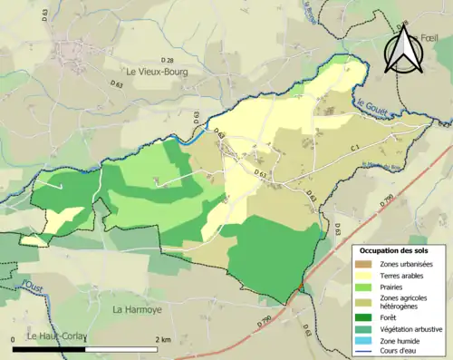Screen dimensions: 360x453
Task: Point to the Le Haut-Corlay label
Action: click(x=56, y=336)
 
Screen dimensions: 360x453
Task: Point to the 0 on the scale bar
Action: click(x=13, y=339)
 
